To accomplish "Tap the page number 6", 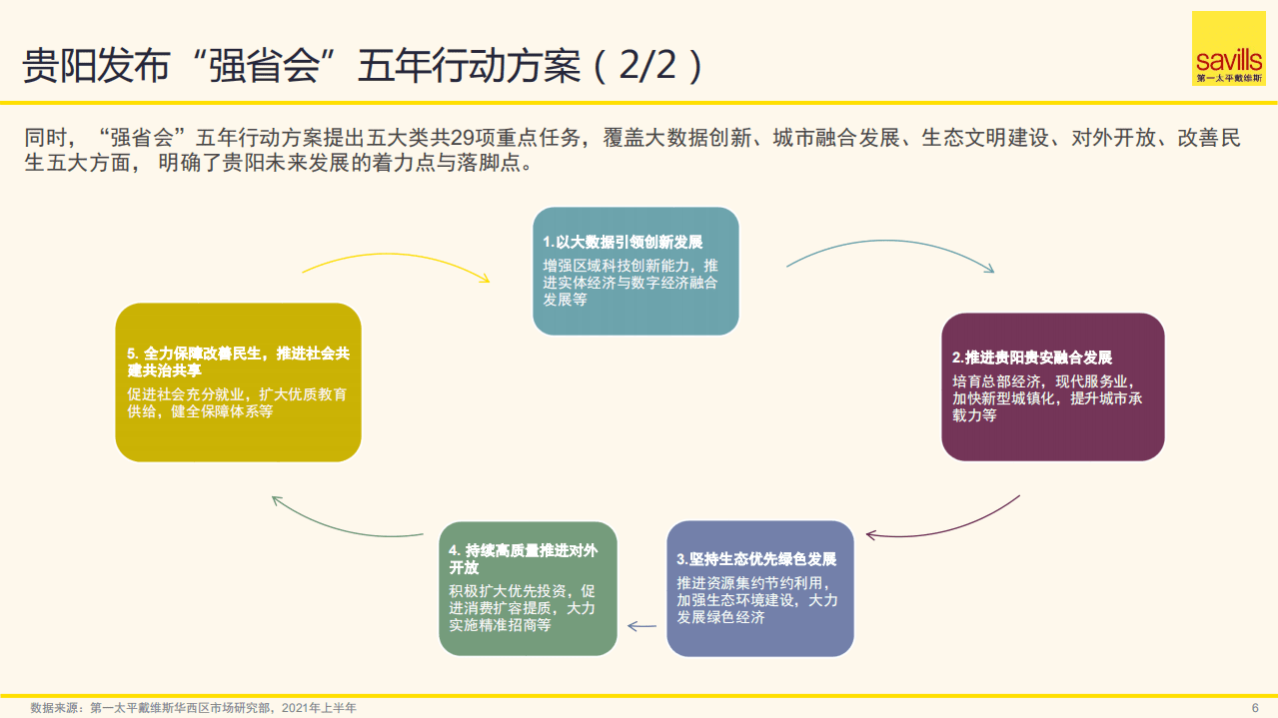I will [1255, 707].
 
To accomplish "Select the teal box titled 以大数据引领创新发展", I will [636, 271].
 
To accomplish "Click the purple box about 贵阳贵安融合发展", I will [1052, 386].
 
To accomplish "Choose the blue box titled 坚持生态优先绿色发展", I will [759, 588].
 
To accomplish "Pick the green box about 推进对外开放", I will [529, 588].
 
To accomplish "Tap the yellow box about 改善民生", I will [238, 382].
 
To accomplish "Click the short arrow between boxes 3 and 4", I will [641, 626].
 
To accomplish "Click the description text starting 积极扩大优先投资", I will [523, 607].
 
